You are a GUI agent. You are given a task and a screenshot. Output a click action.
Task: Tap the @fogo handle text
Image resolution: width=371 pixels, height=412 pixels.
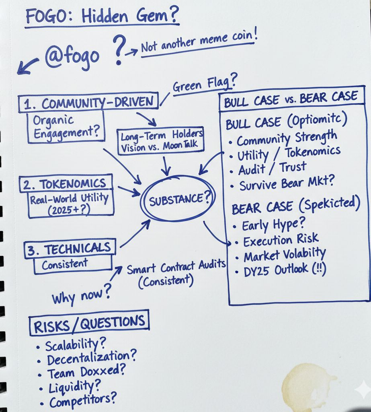72,56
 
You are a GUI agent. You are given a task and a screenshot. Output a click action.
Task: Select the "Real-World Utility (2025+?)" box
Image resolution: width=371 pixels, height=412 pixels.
69,204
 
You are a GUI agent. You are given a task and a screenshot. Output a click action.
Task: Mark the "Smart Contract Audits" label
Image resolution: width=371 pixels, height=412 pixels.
176,268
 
